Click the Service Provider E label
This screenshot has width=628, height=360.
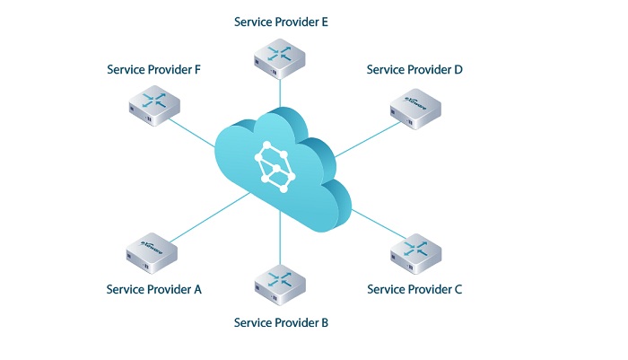[x=281, y=21]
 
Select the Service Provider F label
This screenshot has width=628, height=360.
[x=153, y=69]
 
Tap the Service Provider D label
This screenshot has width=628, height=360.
[x=414, y=69]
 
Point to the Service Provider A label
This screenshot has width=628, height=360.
[x=153, y=289]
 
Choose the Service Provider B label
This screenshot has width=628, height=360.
[x=281, y=321]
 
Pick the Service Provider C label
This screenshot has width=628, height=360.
[x=415, y=289]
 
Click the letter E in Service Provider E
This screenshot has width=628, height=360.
[x=324, y=21]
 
